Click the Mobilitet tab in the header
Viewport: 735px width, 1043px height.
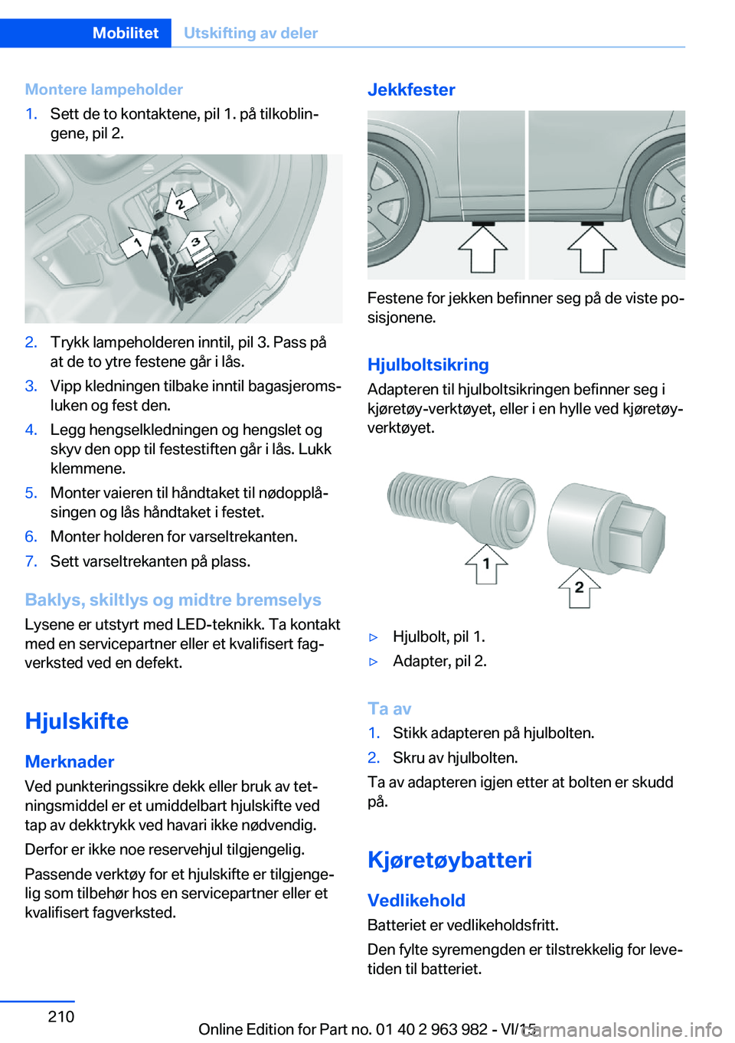[125, 33]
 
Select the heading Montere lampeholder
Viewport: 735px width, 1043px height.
[103, 90]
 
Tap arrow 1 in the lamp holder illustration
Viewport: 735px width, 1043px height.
[139, 244]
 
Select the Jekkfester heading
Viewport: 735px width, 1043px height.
[411, 90]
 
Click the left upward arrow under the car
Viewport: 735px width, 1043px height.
[482, 249]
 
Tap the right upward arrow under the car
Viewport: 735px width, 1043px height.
[592, 249]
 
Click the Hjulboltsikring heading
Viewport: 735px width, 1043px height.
[428, 365]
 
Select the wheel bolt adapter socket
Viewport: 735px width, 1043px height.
[605, 528]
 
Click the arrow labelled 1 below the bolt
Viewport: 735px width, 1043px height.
[486, 564]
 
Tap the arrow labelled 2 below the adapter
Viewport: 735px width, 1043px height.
[579, 588]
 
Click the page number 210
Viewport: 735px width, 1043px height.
[61, 1016]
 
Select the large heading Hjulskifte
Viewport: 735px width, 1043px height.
[77, 721]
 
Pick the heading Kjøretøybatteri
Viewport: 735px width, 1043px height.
[449, 859]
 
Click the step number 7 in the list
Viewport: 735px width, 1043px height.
[31, 561]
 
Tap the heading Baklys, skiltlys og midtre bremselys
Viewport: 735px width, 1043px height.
[173, 600]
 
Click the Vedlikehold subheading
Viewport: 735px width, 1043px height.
[416, 901]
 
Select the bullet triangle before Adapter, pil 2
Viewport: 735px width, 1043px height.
[374, 662]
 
